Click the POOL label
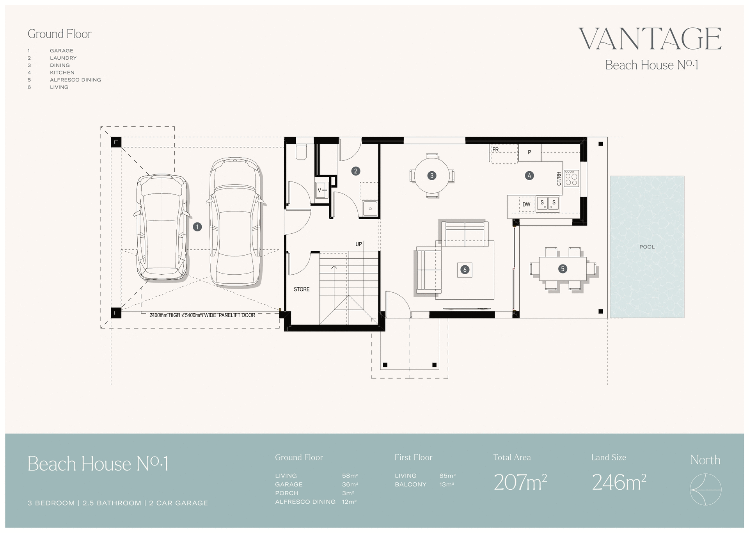[x=647, y=247]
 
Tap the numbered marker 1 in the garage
[x=197, y=227]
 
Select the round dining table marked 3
[x=431, y=176]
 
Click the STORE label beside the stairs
[x=302, y=289]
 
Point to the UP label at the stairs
[x=359, y=244]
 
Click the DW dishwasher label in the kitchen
[x=526, y=204]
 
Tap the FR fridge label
[x=495, y=149]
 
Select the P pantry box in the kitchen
[x=529, y=153]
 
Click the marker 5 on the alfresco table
[x=562, y=268]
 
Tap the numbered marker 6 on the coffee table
[x=464, y=269]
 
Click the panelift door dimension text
[x=202, y=315]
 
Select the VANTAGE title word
[x=650, y=39]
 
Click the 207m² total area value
[x=520, y=483]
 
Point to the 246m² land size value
[x=619, y=483]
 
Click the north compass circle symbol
[x=705, y=489]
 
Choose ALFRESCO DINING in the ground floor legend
[x=75, y=80]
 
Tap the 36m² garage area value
[x=350, y=484]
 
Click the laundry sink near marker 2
[x=369, y=208]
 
